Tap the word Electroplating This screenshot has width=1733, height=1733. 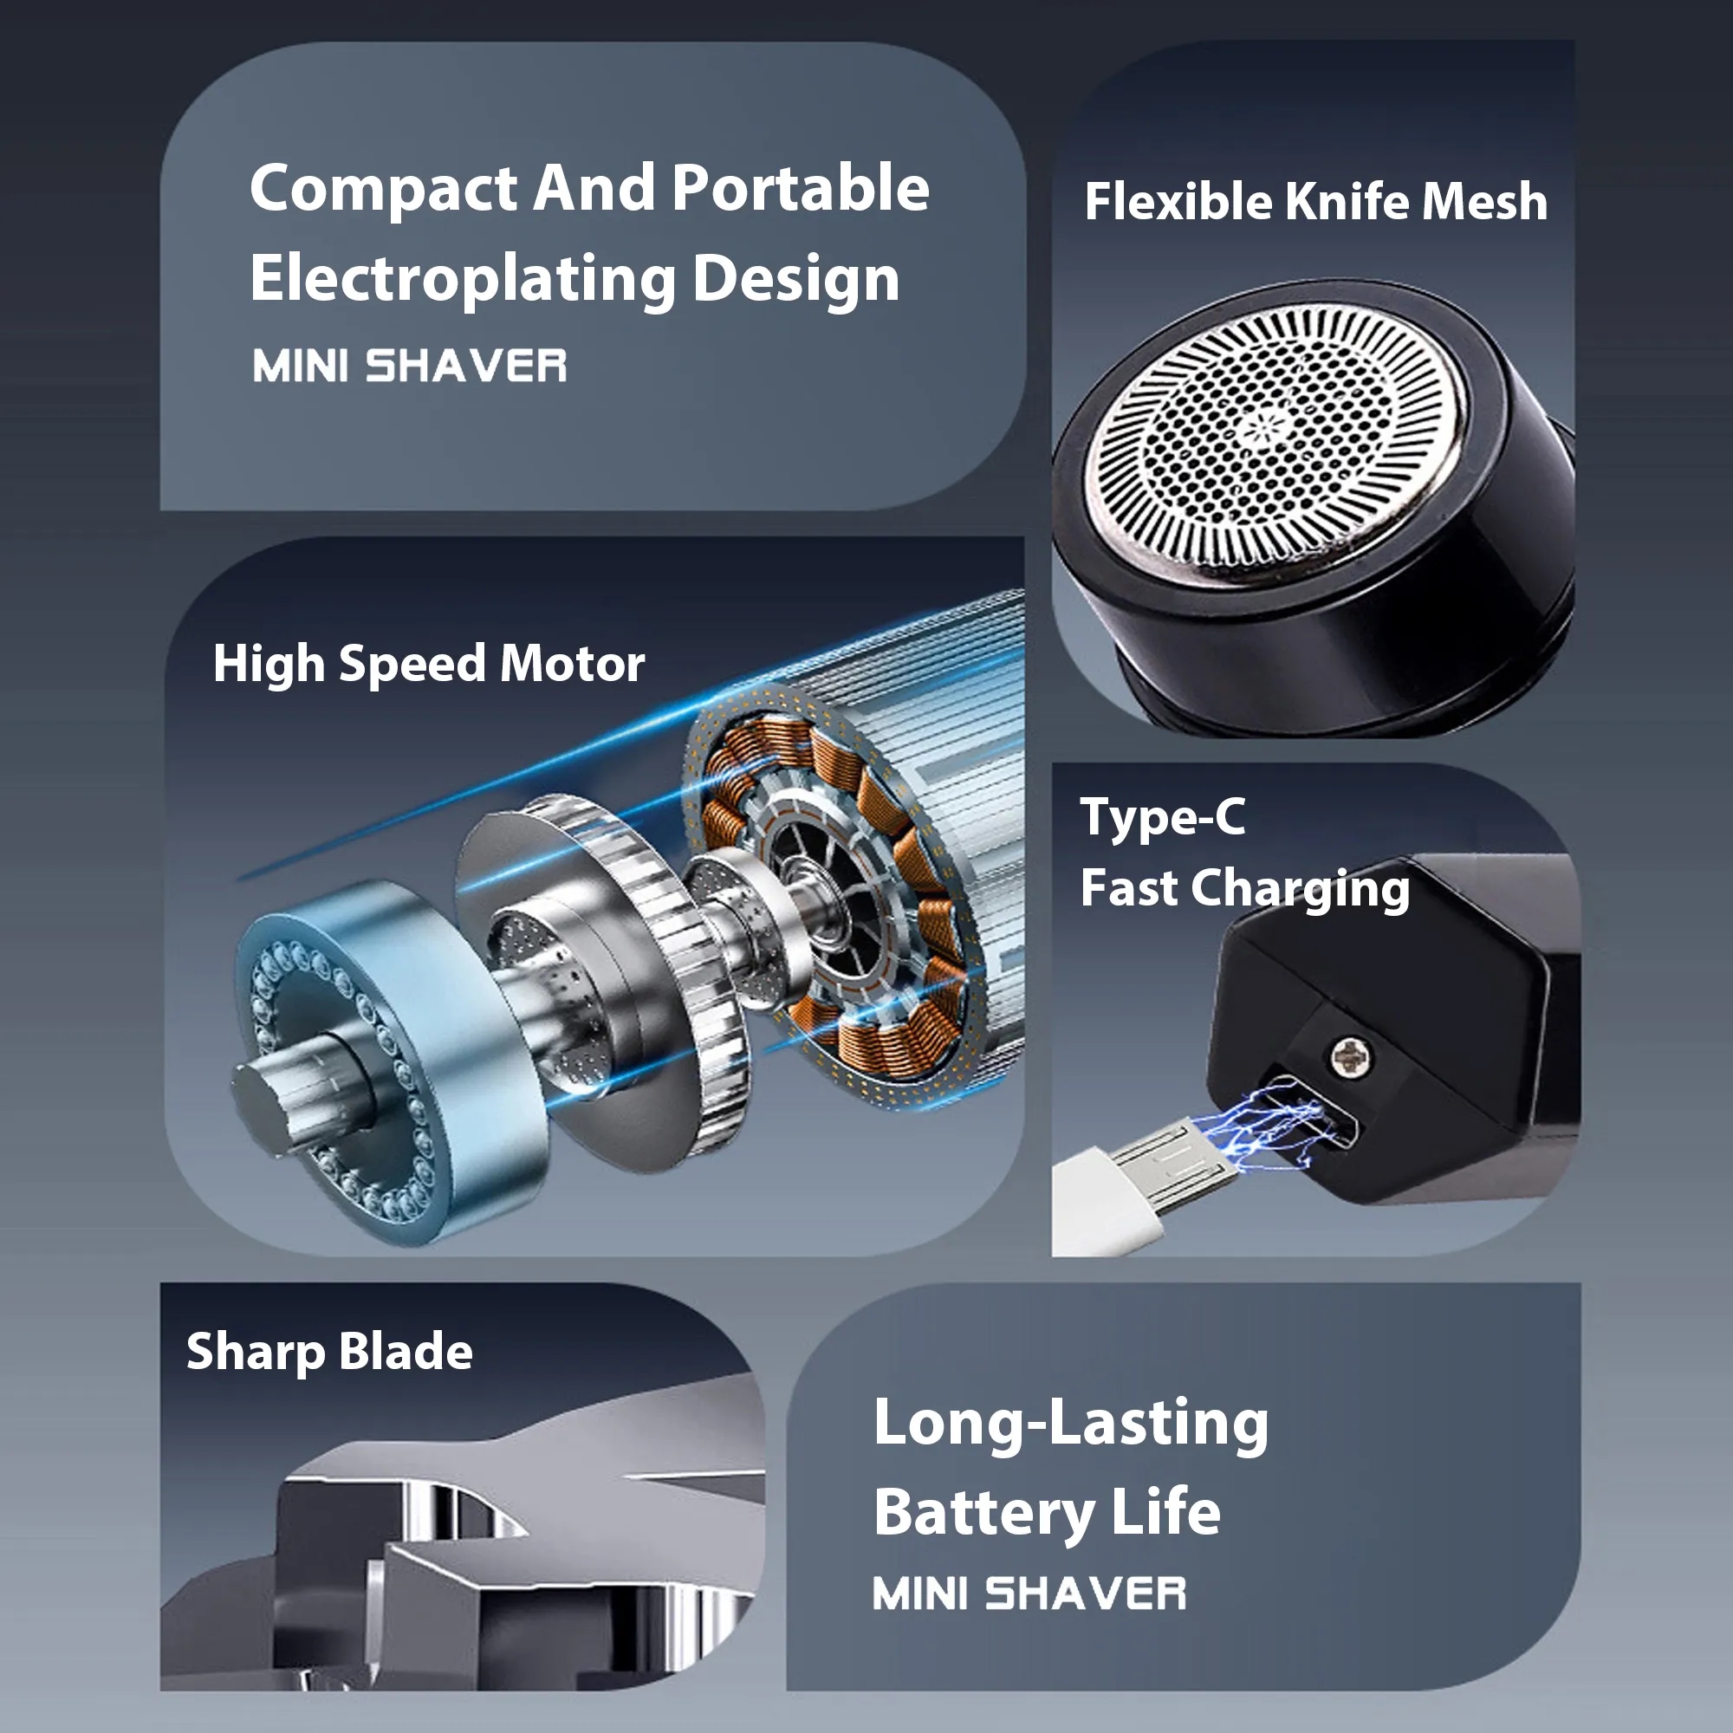(x=462, y=280)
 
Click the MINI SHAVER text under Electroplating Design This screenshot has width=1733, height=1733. (x=410, y=366)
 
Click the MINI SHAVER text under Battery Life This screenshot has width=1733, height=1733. (x=1029, y=1594)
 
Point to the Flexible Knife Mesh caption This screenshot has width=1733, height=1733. (x=1316, y=201)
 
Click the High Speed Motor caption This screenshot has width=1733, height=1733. (x=429, y=665)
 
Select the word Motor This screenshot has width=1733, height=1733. (x=572, y=664)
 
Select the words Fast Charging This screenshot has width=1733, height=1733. (x=1245, y=889)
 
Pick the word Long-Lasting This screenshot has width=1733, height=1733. (x=1071, y=1425)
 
